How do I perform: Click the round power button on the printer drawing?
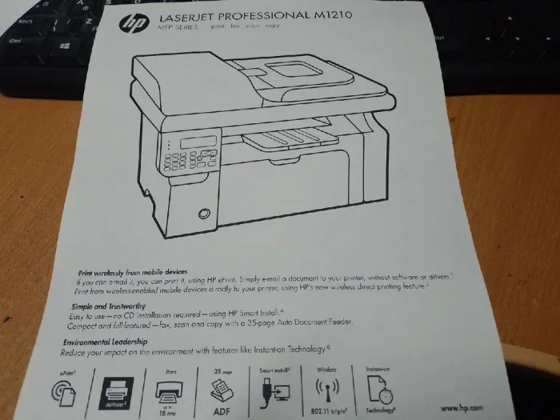[x=204, y=213]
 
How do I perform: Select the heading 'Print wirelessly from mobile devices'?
[x=132, y=271]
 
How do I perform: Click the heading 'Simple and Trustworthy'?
[x=110, y=306]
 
